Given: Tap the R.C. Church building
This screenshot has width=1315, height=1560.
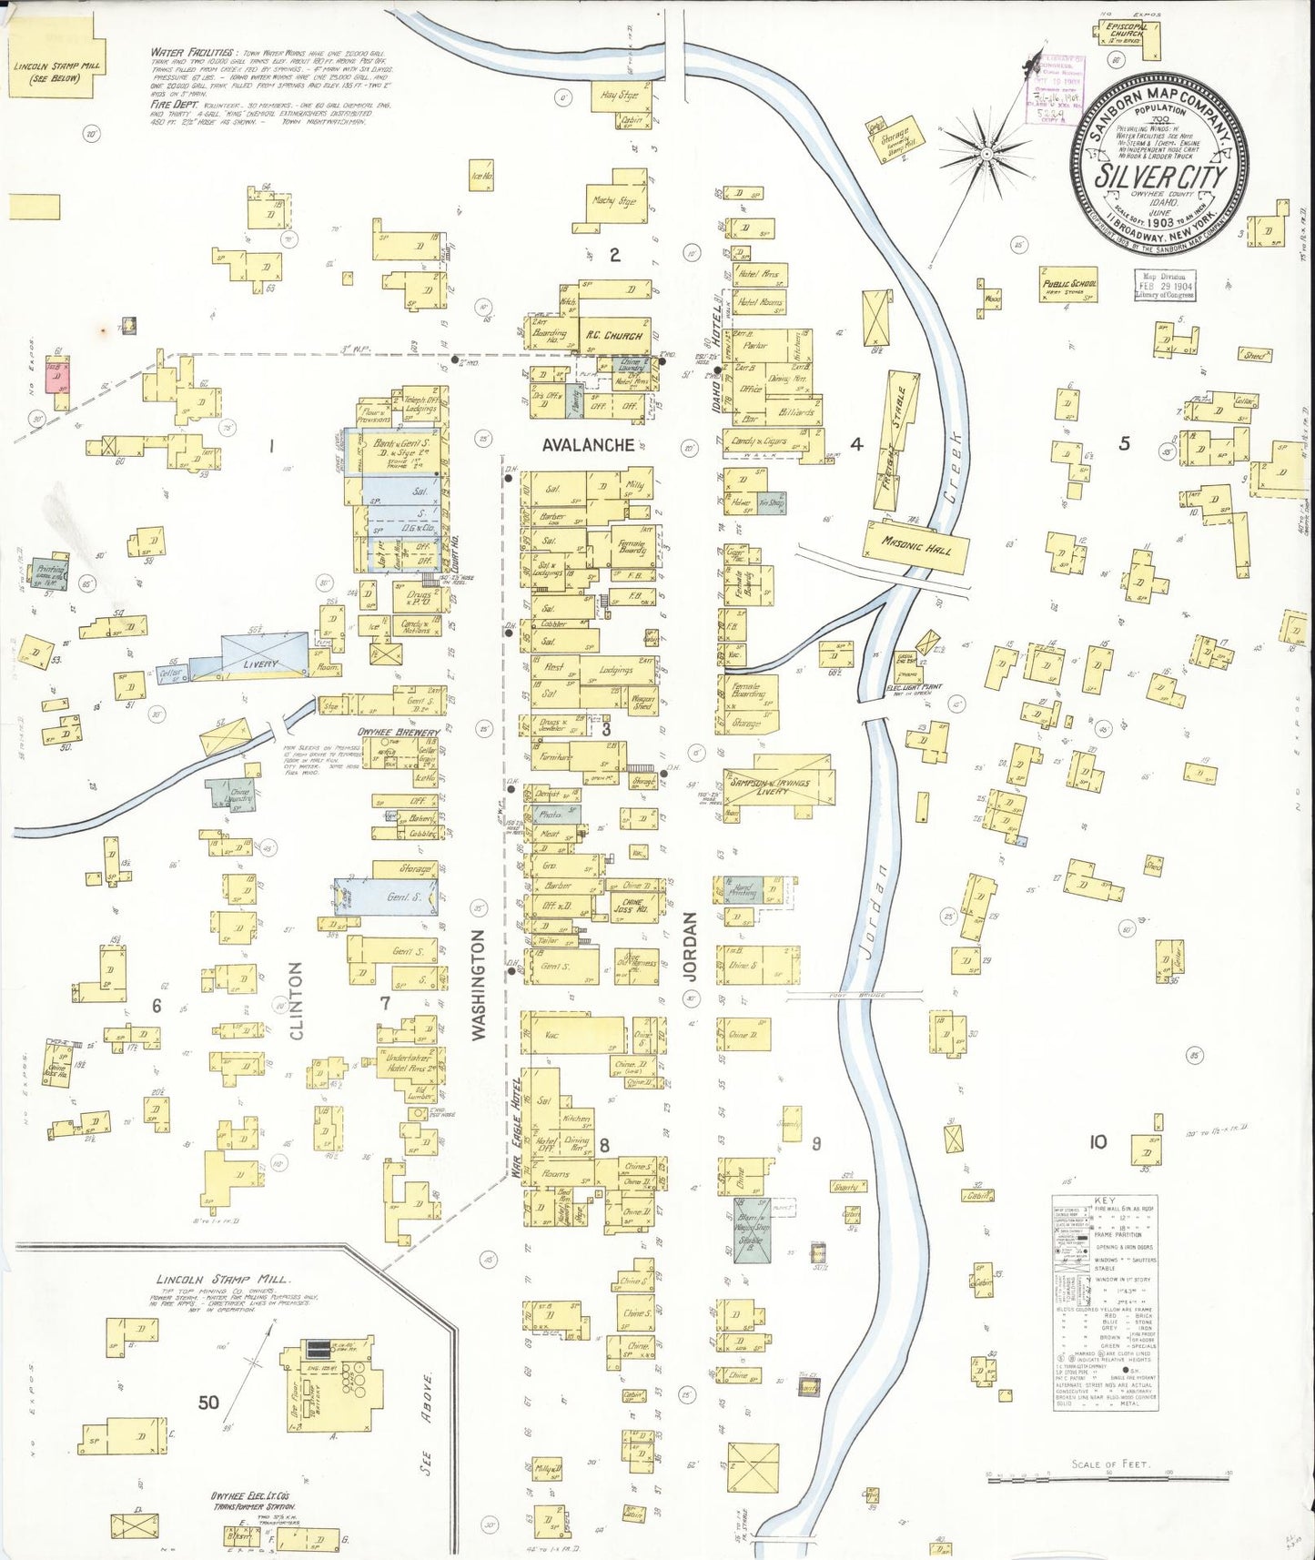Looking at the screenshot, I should (x=616, y=336).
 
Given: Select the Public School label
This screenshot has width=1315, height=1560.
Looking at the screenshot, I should (x=1070, y=285).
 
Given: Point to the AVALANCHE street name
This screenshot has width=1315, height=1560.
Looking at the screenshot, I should (x=588, y=445).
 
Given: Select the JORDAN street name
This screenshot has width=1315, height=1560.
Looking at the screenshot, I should (x=691, y=947).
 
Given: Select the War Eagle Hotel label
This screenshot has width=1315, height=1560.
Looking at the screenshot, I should (x=515, y=1129).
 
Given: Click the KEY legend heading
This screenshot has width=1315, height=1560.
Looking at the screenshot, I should (x=1105, y=1200).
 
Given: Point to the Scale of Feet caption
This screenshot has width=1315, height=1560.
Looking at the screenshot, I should (x=1110, y=1464).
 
